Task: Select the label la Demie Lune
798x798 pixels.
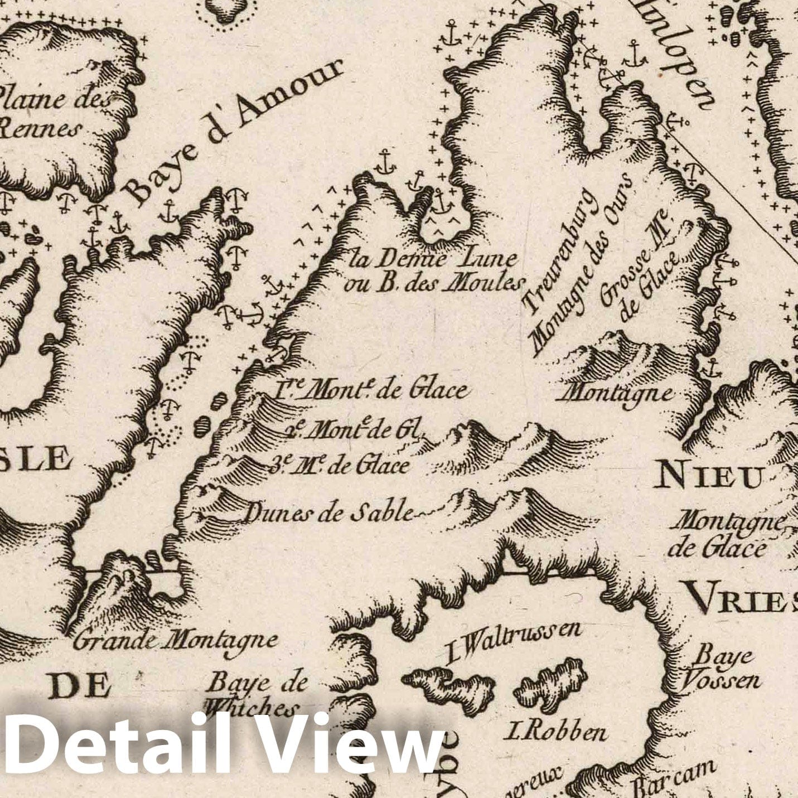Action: click(432, 259)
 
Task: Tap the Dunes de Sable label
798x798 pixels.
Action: click(329, 512)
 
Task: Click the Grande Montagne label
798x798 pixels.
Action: click(176, 640)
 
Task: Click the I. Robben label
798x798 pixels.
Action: click(555, 731)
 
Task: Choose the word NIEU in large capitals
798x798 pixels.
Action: click(708, 477)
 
